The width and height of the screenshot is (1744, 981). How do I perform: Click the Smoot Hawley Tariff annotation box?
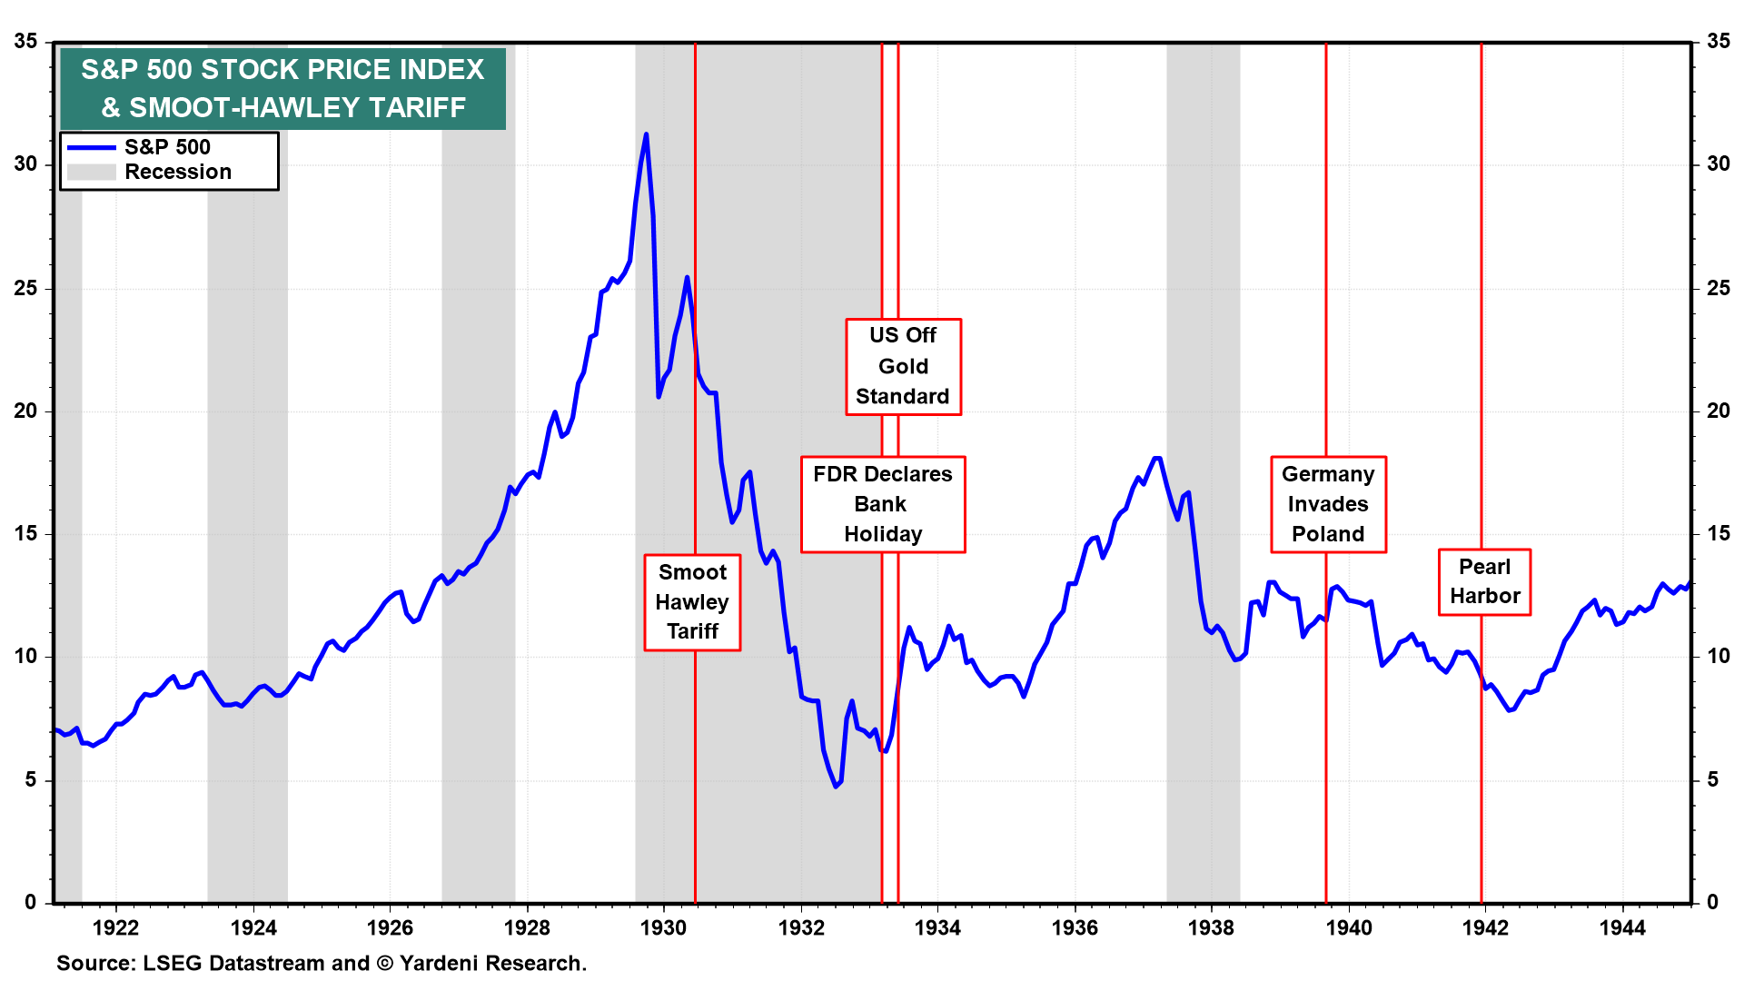(692, 602)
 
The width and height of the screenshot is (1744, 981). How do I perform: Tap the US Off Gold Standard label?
(903, 366)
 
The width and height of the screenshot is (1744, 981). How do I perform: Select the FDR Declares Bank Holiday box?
(882, 504)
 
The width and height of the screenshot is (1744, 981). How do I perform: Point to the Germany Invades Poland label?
(1328, 504)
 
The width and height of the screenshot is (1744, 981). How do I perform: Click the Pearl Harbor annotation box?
(1484, 581)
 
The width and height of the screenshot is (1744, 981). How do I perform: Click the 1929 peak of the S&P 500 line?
(646, 134)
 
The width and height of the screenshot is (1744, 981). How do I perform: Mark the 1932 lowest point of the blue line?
(836, 786)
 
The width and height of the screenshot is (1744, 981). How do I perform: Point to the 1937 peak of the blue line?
(1157, 459)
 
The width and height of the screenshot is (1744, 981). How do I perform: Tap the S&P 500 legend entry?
(167, 147)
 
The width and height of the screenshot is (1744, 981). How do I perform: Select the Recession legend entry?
(177, 172)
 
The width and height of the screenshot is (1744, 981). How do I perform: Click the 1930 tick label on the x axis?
(663, 927)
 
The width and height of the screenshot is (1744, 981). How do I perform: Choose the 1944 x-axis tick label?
(1622, 927)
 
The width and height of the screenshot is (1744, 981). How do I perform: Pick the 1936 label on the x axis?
(1075, 927)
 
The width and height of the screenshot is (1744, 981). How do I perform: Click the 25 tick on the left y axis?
(25, 288)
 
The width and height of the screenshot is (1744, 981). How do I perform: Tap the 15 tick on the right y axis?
(1719, 533)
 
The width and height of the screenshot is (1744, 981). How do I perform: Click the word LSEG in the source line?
(173, 963)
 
